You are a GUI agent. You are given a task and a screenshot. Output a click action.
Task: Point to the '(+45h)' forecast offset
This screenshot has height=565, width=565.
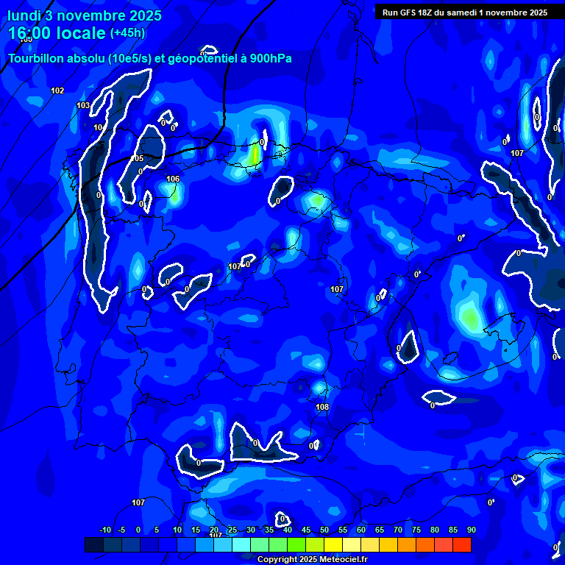pos(127,32)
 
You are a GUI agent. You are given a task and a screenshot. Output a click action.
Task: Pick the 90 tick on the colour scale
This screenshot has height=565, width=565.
pos(471,530)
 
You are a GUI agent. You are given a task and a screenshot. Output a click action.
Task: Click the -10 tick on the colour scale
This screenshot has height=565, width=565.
pos(104,530)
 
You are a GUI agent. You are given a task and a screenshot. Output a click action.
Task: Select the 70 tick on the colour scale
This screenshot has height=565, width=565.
pos(398,530)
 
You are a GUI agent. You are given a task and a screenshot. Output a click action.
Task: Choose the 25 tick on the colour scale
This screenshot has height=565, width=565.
pos(232,530)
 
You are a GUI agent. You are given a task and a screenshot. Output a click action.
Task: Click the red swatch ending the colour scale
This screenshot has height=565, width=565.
pos(462,544)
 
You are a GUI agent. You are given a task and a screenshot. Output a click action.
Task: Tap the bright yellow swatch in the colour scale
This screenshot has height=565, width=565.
pos(333,544)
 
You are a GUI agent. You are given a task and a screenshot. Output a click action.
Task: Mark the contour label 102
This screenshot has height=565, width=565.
pos(57,90)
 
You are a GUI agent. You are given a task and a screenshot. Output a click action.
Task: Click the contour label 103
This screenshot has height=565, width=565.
pos(83,105)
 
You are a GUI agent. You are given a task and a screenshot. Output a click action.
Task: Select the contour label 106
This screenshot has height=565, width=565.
pos(173,179)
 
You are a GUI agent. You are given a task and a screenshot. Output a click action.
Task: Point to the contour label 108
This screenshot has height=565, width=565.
pos(322,407)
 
